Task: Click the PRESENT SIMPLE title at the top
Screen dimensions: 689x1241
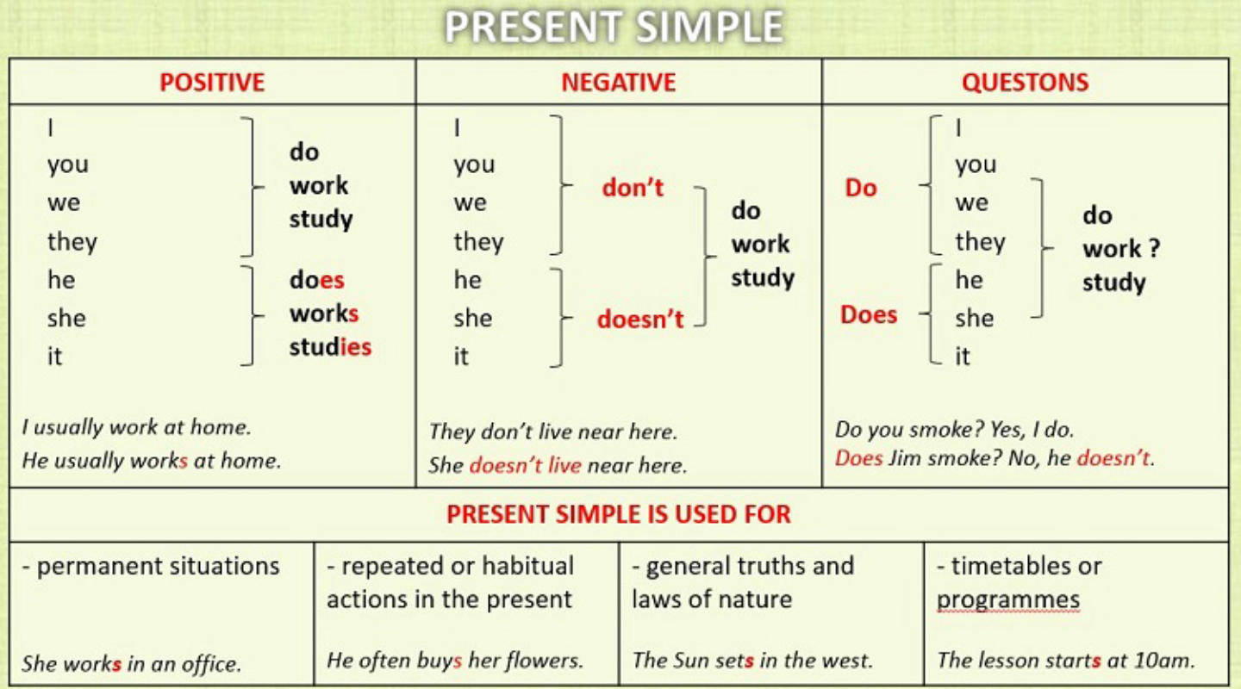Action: (x=614, y=28)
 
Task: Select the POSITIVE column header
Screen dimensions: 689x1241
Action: (x=212, y=83)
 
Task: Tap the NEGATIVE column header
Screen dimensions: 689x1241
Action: (x=618, y=83)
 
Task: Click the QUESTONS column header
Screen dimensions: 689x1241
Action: (x=1025, y=83)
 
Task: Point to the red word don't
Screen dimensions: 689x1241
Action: (x=633, y=188)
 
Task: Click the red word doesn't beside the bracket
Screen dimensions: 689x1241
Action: (x=639, y=320)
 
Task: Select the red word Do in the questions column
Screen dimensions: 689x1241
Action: (x=860, y=188)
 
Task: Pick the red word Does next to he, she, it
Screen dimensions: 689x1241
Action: (x=869, y=314)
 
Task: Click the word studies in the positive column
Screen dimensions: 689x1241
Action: (x=330, y=347)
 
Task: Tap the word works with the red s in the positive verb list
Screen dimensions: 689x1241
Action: (x=324, y=313)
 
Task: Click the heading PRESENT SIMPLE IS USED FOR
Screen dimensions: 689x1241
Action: (x=618, y=515)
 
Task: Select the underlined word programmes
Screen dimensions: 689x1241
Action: (x=1007, y=600)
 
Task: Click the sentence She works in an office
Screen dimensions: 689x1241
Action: (x=131, y=663)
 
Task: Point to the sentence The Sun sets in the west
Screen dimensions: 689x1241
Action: (x=752, y=661)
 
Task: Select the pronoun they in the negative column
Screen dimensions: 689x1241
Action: (x=478, y=242)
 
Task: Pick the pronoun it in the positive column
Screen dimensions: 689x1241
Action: (x=55, y=356)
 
